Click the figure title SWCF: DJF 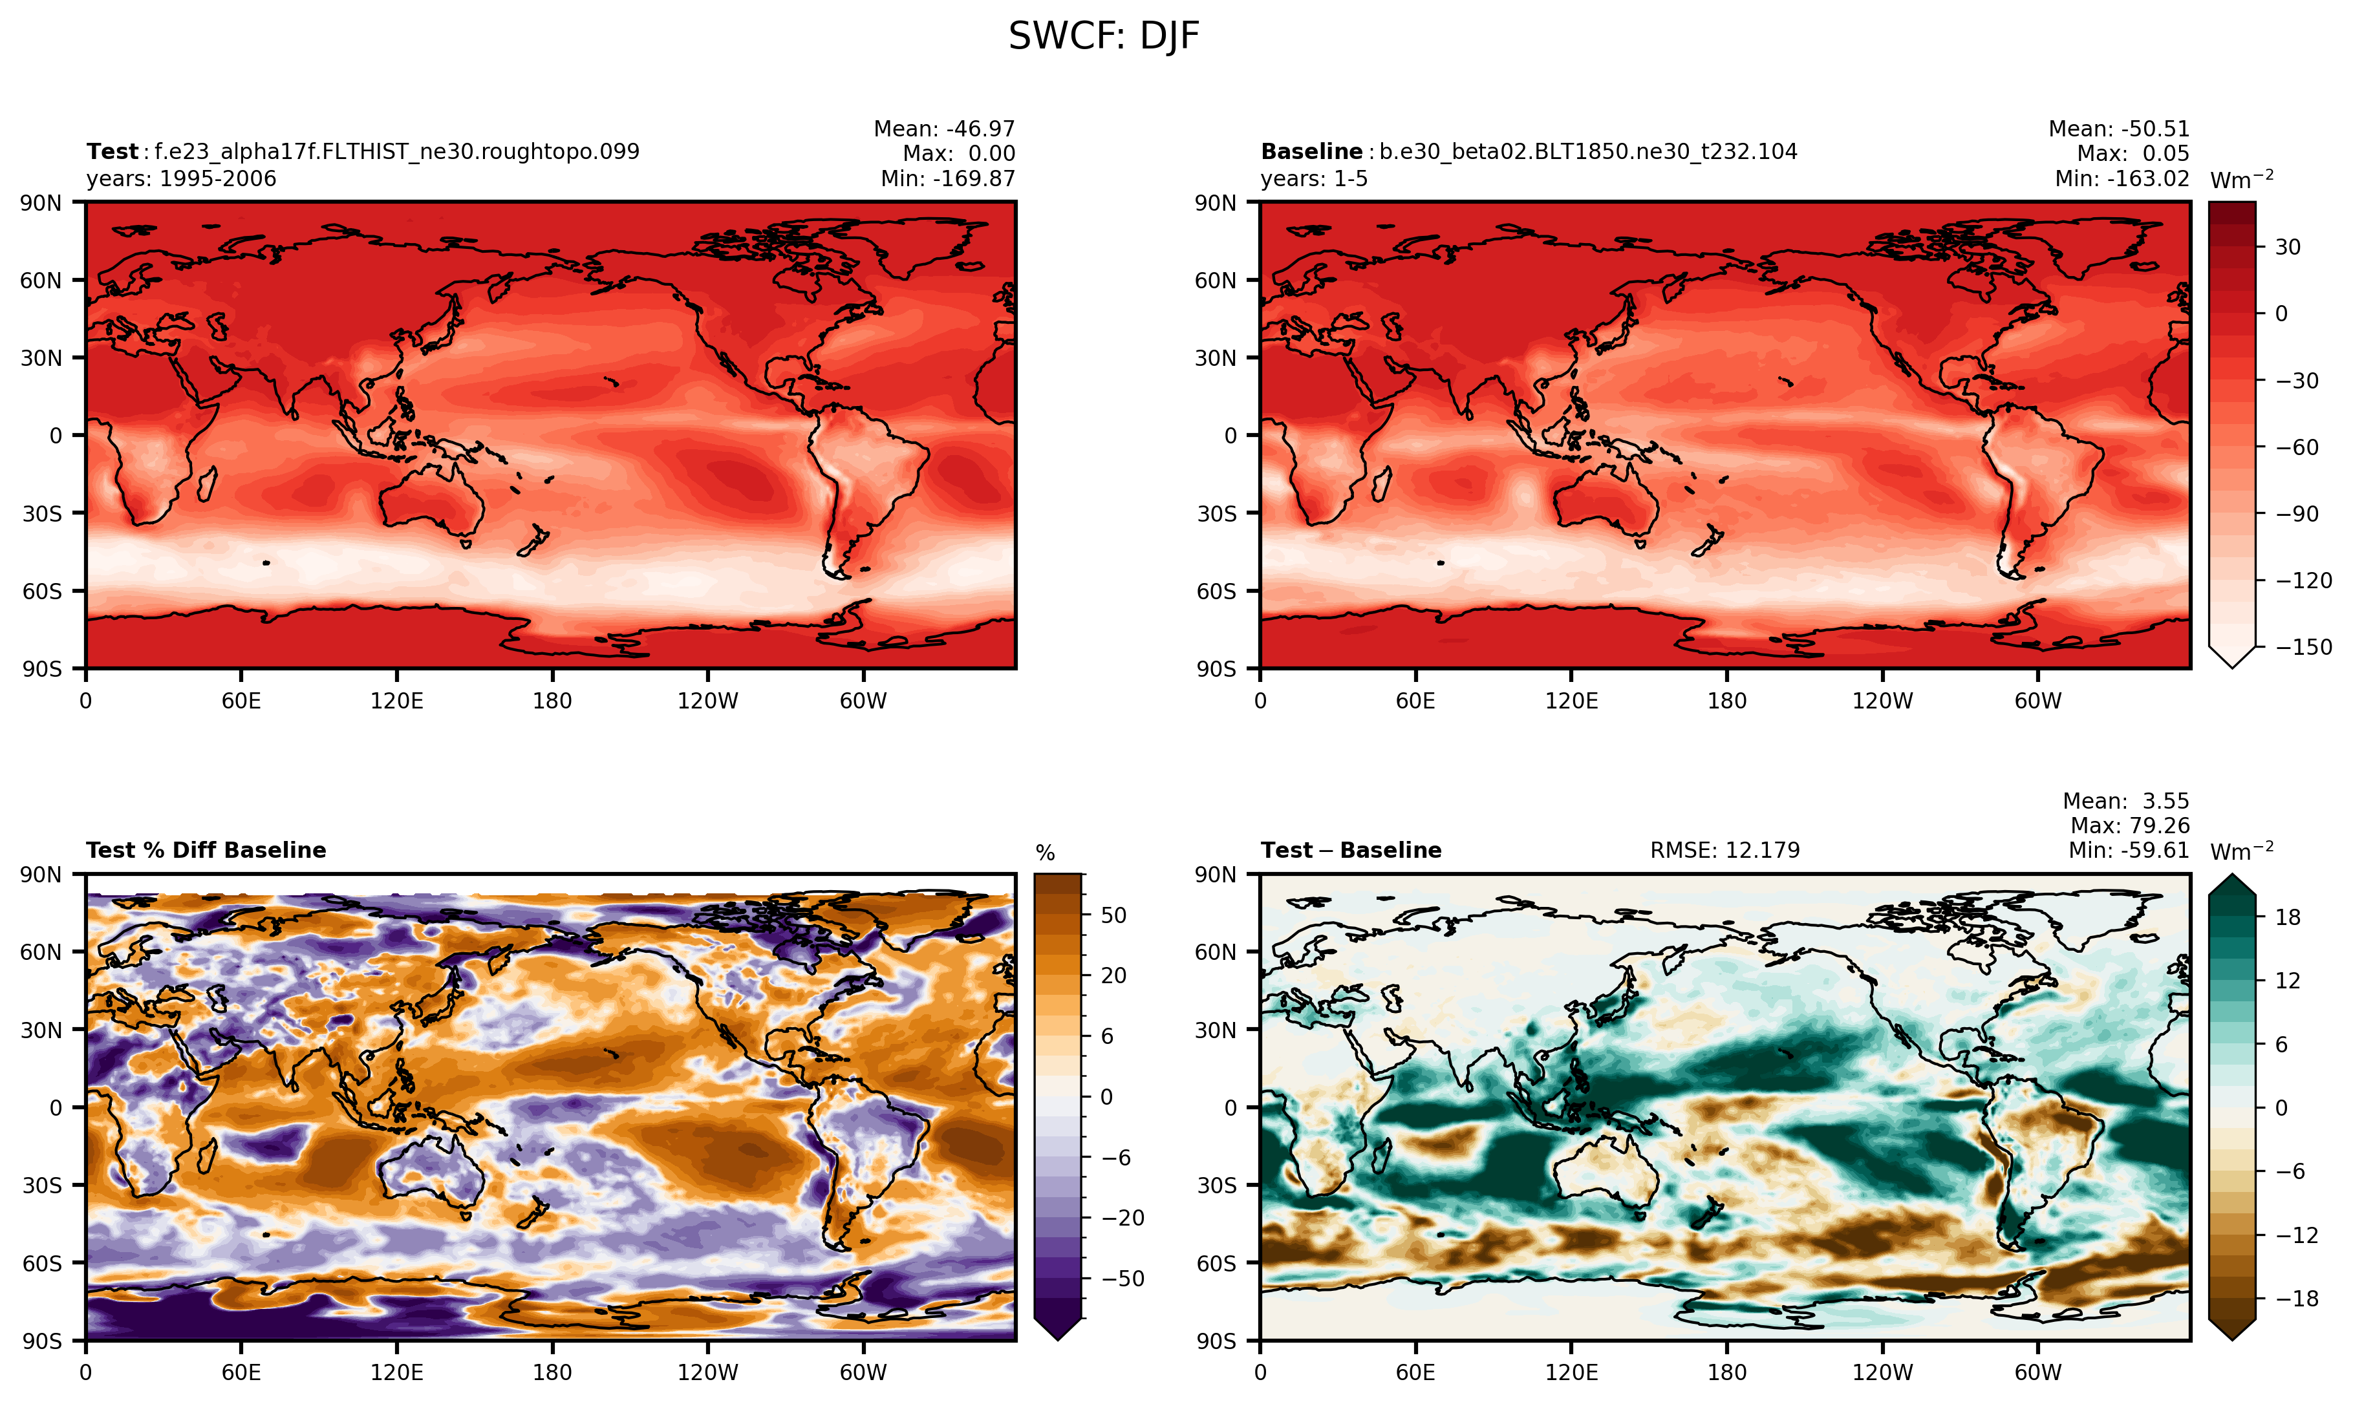[x=1103, y=37]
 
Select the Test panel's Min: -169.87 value [x=947, y=179]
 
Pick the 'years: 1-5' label [x=1314, y=179]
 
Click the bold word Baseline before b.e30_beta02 [x=1311, y=151]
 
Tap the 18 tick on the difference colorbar [x=2288, y=917]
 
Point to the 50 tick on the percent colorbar [x=1113, y=915]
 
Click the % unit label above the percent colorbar [x=1044, y=853]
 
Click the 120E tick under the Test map [x=396, y=701]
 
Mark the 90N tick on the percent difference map [x=41, y=874]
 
